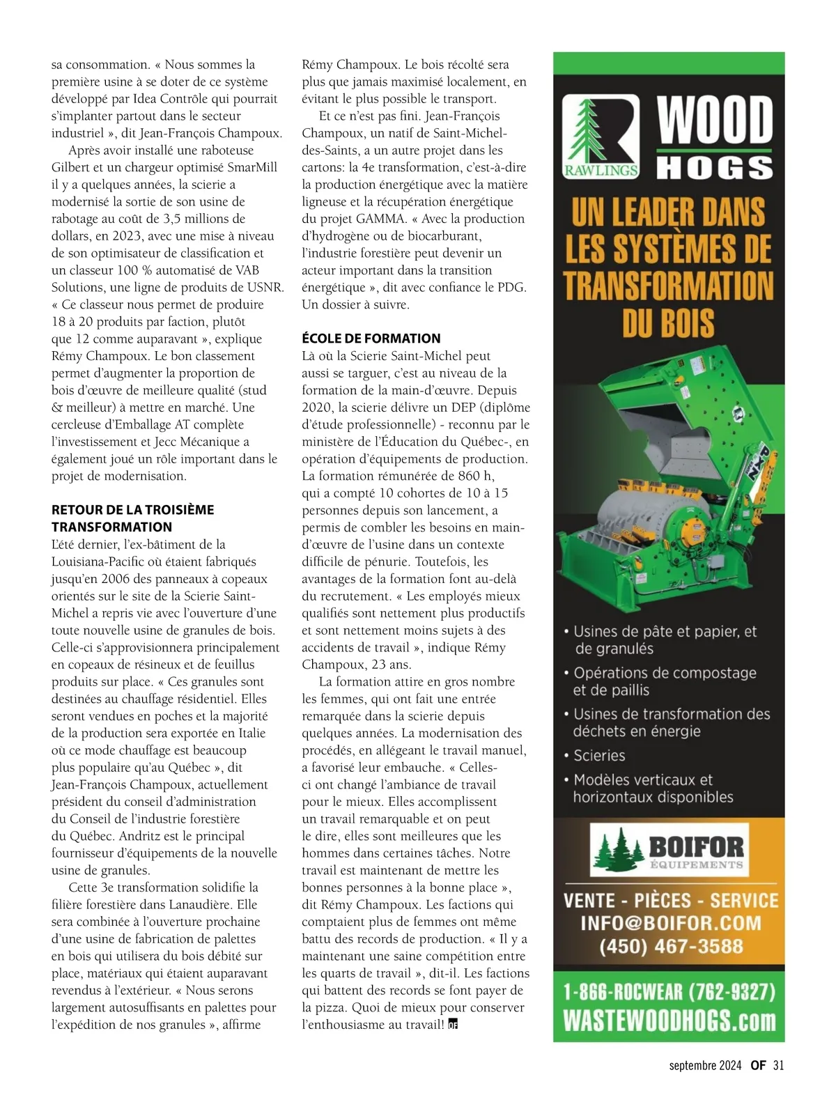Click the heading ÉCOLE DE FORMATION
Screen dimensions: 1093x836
tap(371, 339)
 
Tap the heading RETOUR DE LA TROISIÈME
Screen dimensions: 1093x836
tap(132, 510)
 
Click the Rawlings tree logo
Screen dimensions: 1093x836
tap(600, 137)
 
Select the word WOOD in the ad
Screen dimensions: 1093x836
tap(715, 119)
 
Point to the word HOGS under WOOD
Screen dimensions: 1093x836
tap(715, 167)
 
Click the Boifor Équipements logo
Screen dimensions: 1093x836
tap(668, 849)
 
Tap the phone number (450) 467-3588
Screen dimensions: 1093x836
tap(671, 947)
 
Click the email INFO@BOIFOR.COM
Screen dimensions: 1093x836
tap(671, 923)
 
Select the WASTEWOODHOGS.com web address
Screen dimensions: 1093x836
tap(669, 1021)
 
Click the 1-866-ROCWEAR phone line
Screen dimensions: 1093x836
tap(669, 991)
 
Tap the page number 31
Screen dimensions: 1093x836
tap(778, 1065)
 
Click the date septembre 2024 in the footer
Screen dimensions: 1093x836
tap(705, 1065)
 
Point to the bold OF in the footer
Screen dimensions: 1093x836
tap(758, 1065)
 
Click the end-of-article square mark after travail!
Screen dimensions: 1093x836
tap(453, 1025)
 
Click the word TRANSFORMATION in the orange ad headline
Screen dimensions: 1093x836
tap(668, 286)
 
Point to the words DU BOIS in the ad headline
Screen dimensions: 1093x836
tap(668, 323)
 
